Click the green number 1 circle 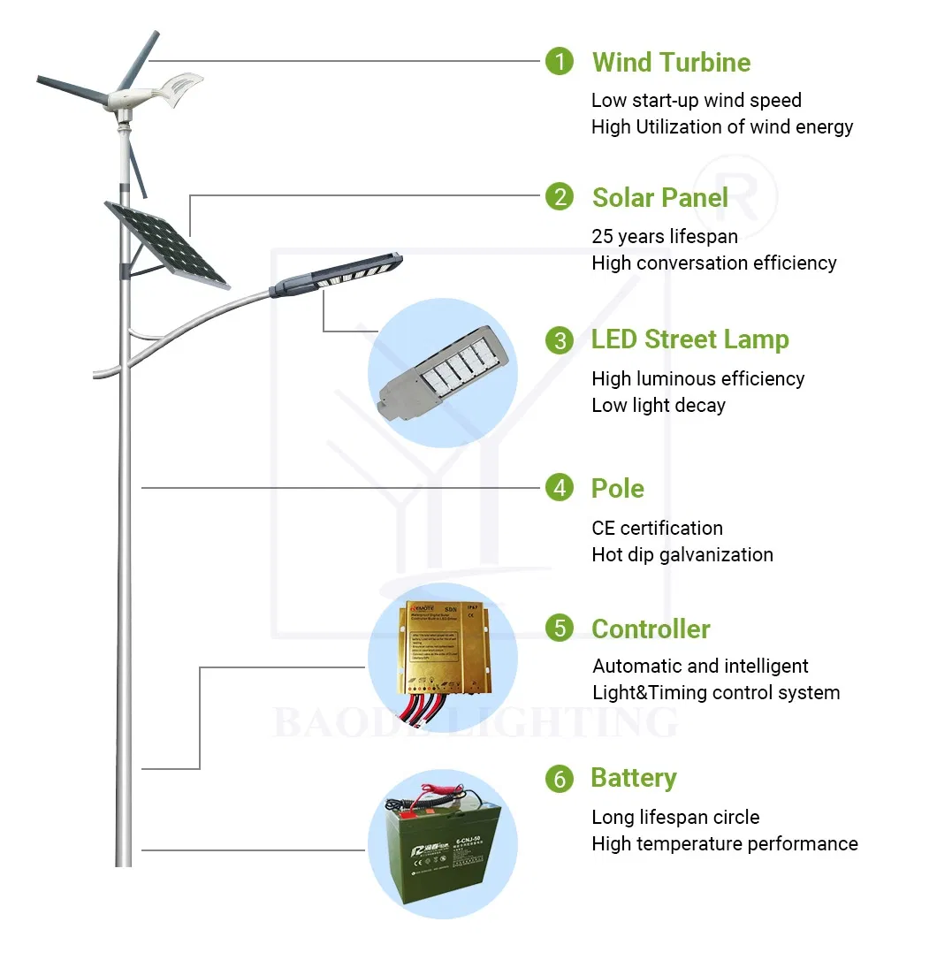pyautogui.click(x=559, y=62)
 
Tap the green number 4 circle pyautogui.click(x=559, y=487)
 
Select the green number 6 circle pyautogui.click(x=559, y=778)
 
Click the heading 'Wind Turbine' pyautogui.click(x=671, y=63)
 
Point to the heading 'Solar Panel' pyautogui.click(x=659, y=197)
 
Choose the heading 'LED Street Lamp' pyautogui.click(x=689, y=339)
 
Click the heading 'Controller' pyautogui.click(x=651, y=629)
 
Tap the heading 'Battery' pyautogui.click(x=633, y=778)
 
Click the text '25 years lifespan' pyautogui.click(x=665, y=236)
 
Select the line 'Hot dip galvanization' pyautogui.click(x=682, y=555)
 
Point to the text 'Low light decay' pyautogui.click(x=659, y=406)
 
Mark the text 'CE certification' pyautogui.click(x=657, y=529)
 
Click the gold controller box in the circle pyautogui.click(x=442, y=644)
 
